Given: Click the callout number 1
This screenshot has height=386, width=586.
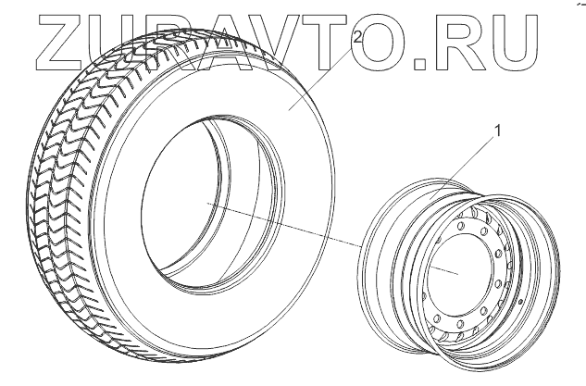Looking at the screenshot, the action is (497, 131).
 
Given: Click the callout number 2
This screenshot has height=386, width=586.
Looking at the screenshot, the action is (357, 37).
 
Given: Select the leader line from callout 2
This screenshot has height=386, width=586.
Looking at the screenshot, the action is (321, 77).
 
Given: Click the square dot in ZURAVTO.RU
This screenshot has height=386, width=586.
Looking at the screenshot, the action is (419, 64).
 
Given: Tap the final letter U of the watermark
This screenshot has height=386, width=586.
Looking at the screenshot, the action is (515, 43).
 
